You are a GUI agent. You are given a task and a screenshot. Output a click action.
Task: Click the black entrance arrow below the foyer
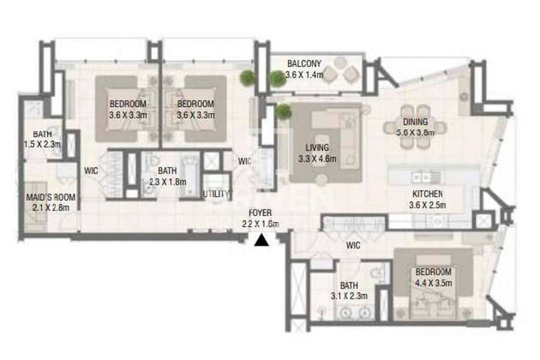point(262,241)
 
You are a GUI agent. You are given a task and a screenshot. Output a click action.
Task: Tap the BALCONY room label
point(304,64)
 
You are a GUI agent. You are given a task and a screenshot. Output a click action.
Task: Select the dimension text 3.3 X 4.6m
point(317,159)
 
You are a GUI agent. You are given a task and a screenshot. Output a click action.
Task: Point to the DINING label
point(415,122)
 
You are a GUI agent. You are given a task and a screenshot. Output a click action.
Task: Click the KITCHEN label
point(427,194)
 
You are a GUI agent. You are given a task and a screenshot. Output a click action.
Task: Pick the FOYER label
point(260,213)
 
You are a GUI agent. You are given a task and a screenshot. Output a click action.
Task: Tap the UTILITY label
point(216,194)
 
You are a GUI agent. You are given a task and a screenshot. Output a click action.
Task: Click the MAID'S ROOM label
point(50,197)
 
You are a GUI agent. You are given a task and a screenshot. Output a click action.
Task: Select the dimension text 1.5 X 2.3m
point(42,145)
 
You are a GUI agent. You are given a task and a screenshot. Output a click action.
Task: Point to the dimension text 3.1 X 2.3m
point(349,296)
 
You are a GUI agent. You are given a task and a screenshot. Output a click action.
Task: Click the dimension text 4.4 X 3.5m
point(433,283)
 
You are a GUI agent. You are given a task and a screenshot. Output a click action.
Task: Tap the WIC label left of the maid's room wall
point(91,170)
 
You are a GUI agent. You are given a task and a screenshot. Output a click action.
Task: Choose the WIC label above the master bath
point(353,245)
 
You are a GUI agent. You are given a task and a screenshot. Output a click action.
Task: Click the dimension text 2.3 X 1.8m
point(168,182)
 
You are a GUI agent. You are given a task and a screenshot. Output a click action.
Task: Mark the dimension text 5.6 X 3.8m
point(415,133)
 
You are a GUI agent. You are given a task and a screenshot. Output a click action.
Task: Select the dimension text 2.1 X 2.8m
point(50,208)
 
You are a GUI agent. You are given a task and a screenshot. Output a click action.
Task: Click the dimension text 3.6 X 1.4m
point(304,74)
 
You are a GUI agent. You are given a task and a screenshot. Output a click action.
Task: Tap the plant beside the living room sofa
point(283,112)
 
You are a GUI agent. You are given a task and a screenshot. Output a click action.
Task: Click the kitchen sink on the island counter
point(421,178)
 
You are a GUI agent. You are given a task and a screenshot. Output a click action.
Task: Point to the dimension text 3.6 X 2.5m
point(427,205)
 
